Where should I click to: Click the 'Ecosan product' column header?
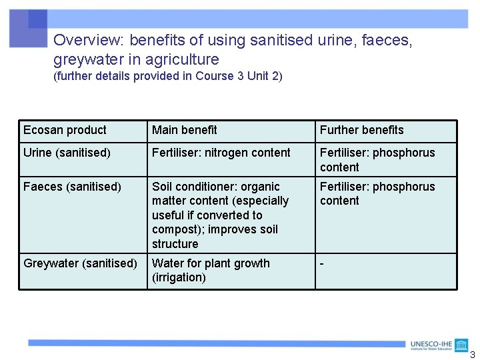pos(65,130)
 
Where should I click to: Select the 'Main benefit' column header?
pos(185,130)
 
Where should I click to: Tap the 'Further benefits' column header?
pos(361,130)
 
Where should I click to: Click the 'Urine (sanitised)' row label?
pos(67,153)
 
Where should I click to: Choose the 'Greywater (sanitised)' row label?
pos(80,263)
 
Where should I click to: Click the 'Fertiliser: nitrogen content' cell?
pos(221,153)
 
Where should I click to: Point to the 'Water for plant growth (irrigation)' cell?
pos(211,270)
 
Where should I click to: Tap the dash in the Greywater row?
pos(322,263)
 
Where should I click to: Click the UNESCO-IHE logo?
pos(439,345)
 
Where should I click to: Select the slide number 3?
pos(473,355)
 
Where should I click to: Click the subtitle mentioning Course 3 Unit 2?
pos(168,76)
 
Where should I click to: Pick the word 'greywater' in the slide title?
pos(84,59)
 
